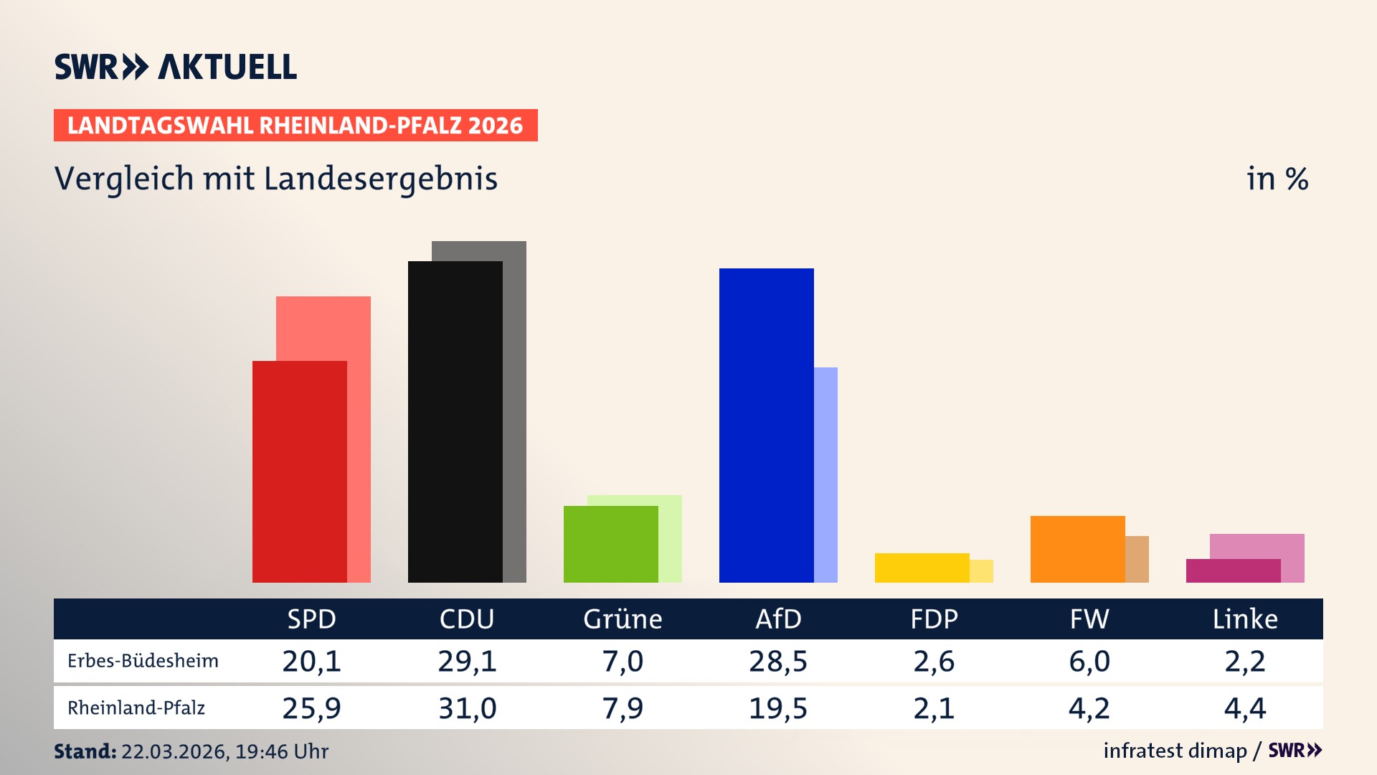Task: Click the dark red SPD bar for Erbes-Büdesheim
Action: click(299, 471)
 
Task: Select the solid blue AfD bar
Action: click(766, 425)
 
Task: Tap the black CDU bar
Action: click(455, 421)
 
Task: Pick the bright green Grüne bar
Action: click(610, 544)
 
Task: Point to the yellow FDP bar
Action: click(922, 568)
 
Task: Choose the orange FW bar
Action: click(1077, 549)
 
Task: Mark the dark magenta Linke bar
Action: click(1233, 570)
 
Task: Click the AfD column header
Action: click(778, 619)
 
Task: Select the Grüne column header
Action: click(623, 619)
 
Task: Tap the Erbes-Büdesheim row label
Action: click(143, 661)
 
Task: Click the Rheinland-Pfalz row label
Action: click(136, 708)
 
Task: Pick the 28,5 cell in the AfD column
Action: click(778, 661)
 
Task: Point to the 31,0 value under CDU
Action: click(467, 708)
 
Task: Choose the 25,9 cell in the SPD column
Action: click(311, 708)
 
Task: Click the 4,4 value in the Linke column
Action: click(1245, 708)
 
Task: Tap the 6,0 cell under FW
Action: click(1089, 661)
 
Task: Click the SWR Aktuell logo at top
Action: click(176, 67)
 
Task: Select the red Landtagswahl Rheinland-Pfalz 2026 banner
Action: click(295, 126)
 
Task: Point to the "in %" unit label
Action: click(1277, 179)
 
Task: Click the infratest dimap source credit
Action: click(1175, 751)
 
